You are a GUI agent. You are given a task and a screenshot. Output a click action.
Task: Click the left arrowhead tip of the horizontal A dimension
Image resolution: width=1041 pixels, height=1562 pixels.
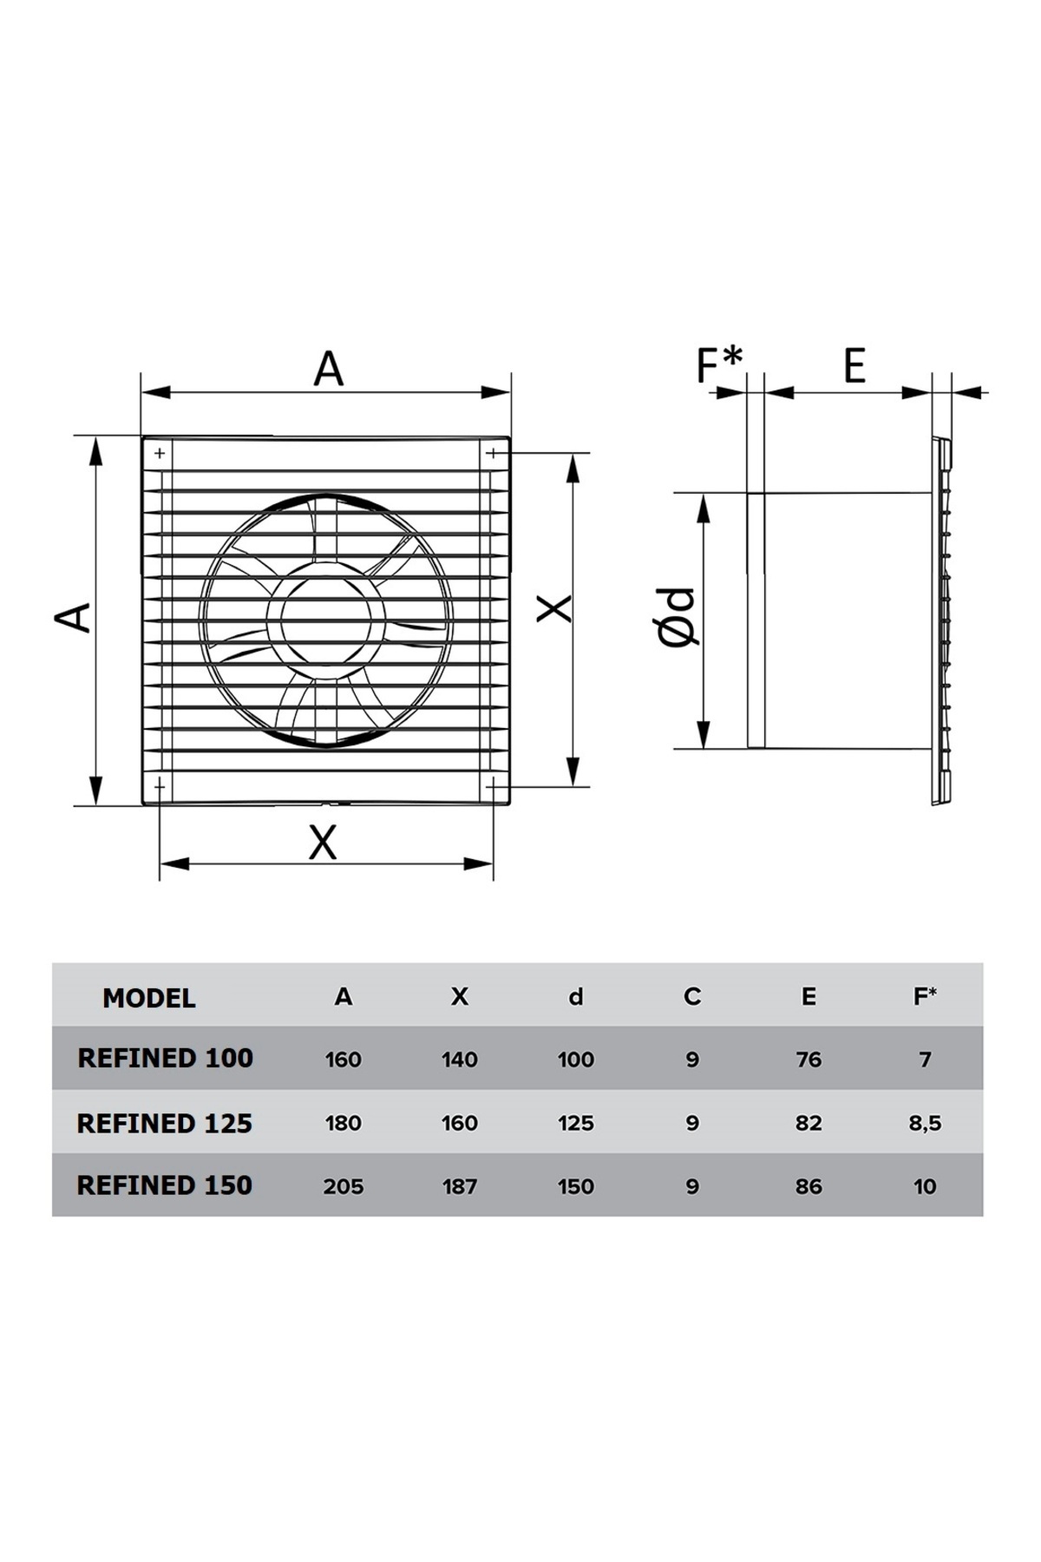[x=142, y=392]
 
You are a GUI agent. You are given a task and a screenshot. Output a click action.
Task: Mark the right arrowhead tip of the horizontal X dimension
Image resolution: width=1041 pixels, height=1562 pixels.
[x=493, y=863]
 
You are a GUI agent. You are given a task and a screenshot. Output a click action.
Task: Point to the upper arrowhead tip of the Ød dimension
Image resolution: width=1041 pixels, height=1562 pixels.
[x=704, y=495]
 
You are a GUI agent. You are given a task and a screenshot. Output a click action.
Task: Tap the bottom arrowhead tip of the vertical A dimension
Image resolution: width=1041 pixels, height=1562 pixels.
[x=95, y=804]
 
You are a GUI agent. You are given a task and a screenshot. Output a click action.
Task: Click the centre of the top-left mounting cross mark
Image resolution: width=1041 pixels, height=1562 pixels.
[x=160, y=453]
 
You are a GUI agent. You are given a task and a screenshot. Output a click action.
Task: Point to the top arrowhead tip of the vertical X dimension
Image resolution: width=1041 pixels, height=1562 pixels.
[x=573, y=453]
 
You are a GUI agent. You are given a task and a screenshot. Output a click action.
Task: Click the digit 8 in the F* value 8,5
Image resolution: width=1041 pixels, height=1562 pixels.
[x=915, y=1123]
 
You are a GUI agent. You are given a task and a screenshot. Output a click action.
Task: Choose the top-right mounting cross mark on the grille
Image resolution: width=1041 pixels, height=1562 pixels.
[x=492, y=453]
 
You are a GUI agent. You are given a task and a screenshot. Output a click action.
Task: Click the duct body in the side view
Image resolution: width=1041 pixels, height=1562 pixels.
[x=841, y=620]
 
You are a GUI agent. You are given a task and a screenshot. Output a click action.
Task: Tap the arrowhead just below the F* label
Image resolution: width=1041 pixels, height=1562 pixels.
[x=731, y=392]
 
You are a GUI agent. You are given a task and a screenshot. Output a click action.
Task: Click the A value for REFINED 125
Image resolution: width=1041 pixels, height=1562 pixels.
[x=344, y=1123]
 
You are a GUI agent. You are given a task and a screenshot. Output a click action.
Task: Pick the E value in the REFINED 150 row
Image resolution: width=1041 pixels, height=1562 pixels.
[x=809, y=1186]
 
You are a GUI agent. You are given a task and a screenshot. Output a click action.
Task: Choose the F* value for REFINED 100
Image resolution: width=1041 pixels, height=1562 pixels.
[x=926, y=1060]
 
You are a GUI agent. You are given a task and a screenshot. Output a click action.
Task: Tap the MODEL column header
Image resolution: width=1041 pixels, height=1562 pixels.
[x=149, y=998]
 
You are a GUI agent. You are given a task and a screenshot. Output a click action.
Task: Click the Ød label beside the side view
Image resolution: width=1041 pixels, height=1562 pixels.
[x=678, y=618]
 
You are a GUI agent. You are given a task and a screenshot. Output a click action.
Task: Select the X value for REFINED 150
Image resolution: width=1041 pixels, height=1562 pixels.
[x=460, y=1186]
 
